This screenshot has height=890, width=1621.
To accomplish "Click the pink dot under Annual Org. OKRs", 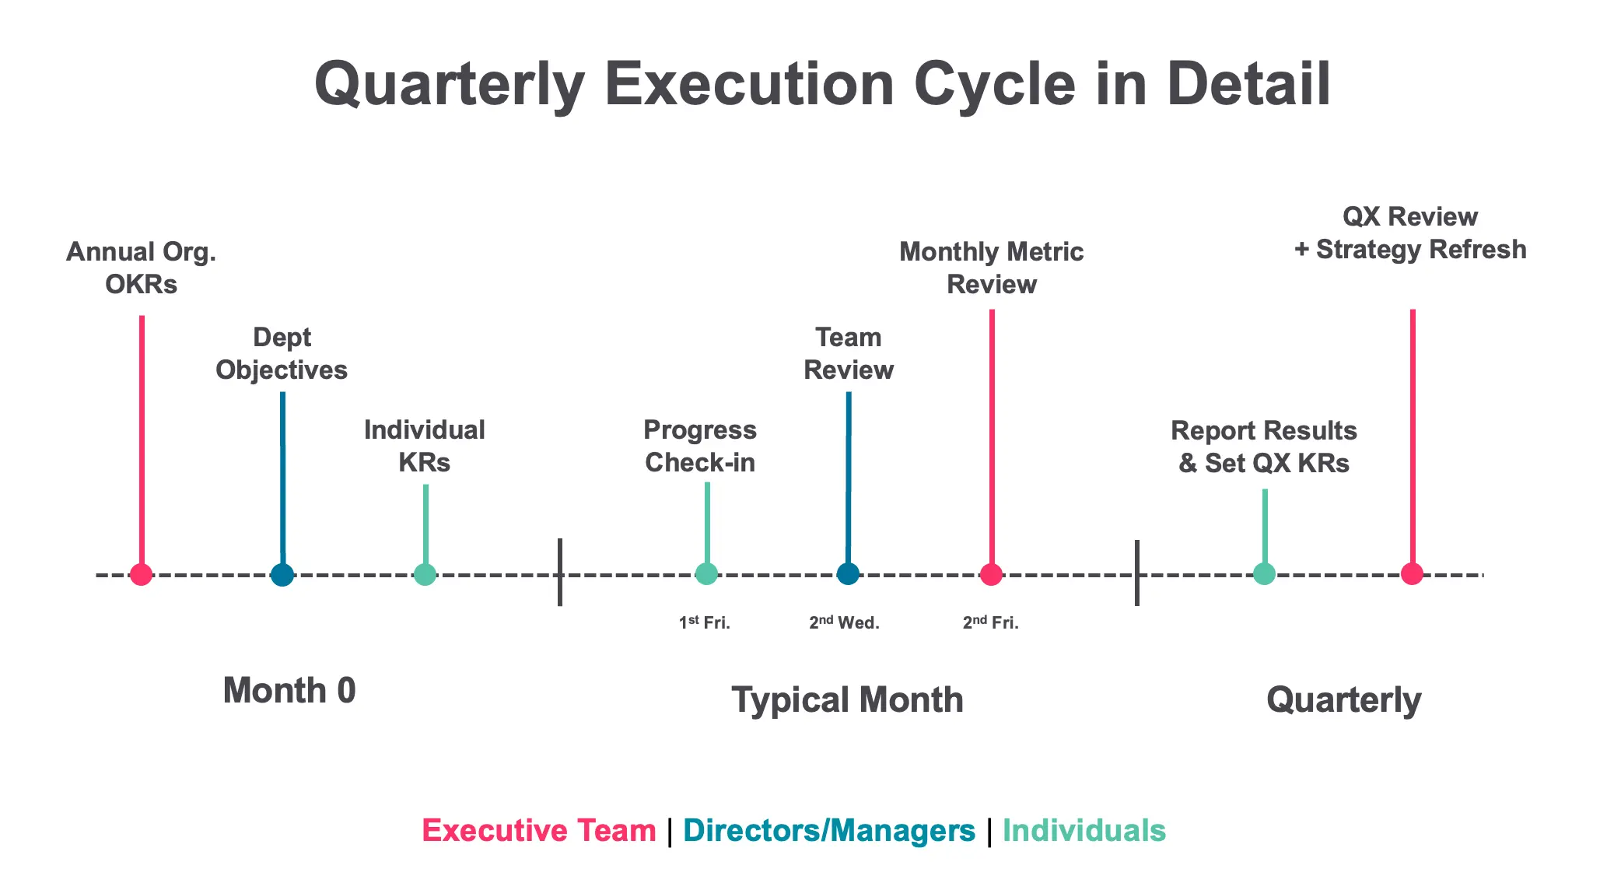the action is pos(141,574).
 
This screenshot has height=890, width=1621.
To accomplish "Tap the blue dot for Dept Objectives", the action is pos(282,574).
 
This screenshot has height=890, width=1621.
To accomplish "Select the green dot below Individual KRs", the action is pos(425,574).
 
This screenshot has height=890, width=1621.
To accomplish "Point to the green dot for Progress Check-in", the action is pos(706,573).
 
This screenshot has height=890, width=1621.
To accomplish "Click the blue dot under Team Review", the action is pos(848,573).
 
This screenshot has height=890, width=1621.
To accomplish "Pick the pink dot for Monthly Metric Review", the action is pos(991,573).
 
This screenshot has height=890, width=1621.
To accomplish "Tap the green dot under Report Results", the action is pos(1264,573).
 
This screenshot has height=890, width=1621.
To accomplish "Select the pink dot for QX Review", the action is pos(1412,573).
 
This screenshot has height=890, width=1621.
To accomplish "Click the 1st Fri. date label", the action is pos(705,622).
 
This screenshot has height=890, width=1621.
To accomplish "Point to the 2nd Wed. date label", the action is pos(844,622).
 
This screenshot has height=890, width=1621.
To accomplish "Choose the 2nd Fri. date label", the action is pos(991,622).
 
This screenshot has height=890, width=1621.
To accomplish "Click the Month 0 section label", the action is pos(289,690).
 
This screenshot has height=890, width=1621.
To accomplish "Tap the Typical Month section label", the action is pos(848,699).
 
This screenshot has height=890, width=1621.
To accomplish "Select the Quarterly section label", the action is pos(1344,699).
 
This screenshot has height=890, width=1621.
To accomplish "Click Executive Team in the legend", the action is pos(539,830).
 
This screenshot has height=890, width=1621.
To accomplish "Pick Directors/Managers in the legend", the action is pos(829,830).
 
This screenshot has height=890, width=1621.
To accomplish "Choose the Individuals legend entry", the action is pos(1084,830).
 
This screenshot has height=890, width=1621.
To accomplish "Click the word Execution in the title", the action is pos(750,83).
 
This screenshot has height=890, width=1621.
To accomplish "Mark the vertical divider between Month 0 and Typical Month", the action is pos(560,572).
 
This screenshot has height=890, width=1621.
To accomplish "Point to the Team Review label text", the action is pos(849,353).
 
